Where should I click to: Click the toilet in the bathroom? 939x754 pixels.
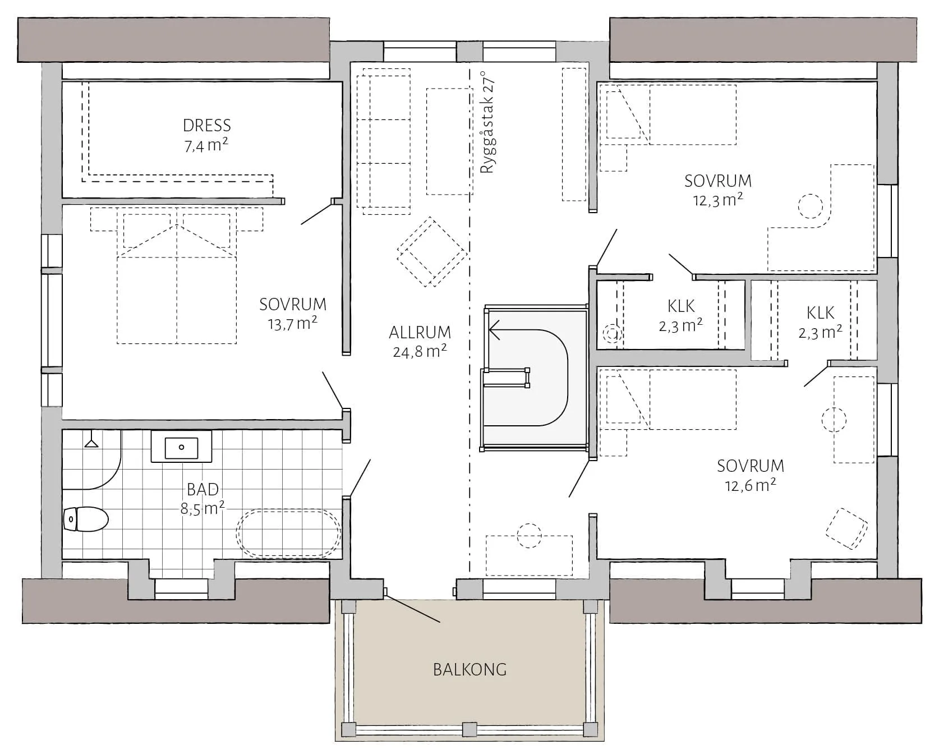85,519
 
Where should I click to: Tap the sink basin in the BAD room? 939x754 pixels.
181,447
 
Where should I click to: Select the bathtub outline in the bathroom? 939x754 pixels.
288,533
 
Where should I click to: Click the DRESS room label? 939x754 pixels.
207,125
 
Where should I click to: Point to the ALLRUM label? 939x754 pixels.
420,332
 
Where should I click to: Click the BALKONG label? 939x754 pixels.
469,669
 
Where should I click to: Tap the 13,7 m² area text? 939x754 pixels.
293,324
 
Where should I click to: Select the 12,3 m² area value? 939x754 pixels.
718,200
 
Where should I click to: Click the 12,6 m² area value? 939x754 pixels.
751,485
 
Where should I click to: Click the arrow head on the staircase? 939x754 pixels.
494,329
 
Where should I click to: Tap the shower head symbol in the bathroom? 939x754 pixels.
91,442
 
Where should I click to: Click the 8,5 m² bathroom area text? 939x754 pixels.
202,508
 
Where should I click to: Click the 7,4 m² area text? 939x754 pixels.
206,145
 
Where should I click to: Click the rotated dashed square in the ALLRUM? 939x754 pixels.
432,251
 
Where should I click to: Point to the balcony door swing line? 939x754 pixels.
413,608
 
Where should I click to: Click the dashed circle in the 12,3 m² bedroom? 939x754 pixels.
811,206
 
